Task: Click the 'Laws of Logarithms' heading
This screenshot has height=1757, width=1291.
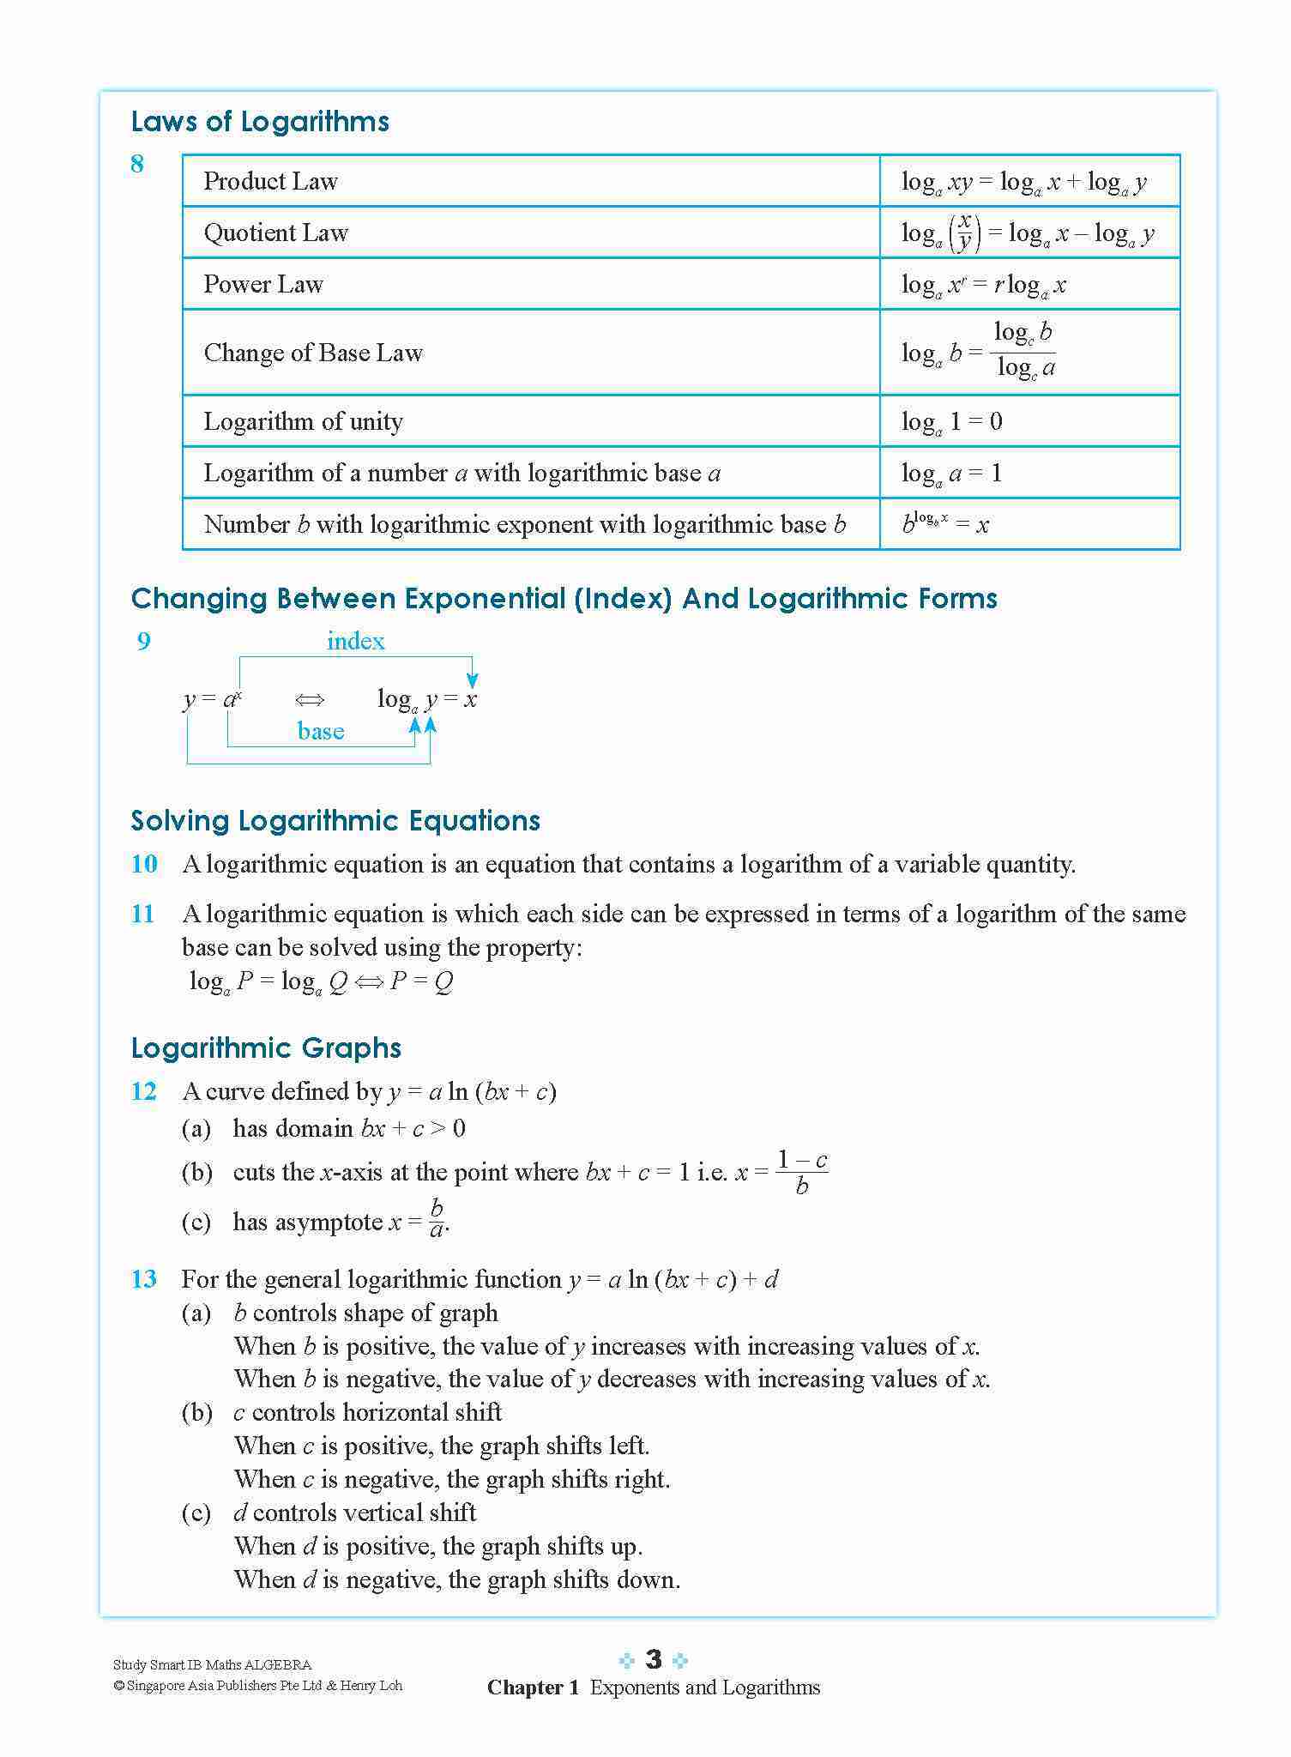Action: pos(260,122)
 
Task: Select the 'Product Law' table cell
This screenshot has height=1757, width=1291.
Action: pos(270,181)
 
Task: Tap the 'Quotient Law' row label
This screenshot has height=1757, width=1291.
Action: pos(275,232)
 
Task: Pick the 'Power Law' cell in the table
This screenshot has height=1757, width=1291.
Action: pos(263,284)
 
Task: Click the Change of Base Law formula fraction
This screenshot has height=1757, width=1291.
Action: pos(1023,350)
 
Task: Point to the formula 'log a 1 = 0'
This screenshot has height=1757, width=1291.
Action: pos(951,422)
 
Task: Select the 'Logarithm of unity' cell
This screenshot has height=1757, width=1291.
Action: pos(303,421)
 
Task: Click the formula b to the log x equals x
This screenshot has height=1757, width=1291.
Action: pos(945,523)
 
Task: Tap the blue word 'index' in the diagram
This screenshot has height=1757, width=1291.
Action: pos(355,641)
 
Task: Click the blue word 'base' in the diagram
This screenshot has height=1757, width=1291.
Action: pos(321,731)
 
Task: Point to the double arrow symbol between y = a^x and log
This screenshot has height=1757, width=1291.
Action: pos(310,700)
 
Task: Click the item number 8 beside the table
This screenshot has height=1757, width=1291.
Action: pos(137,164)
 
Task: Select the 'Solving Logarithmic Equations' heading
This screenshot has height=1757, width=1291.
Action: pos(335,821)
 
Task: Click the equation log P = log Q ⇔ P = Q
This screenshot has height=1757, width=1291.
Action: pos(321,981)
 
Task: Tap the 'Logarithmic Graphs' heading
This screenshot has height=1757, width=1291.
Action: pos(266,1048)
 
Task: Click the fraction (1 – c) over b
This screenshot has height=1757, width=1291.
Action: pos(802,1173)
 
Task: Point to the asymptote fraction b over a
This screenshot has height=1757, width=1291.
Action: pos(437,1219)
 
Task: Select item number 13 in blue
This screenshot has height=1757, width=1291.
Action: pos(144,1279)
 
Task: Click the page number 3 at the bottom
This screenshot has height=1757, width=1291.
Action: pos(654,1659)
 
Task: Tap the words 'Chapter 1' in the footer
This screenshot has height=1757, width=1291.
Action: pos(533,1688)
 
